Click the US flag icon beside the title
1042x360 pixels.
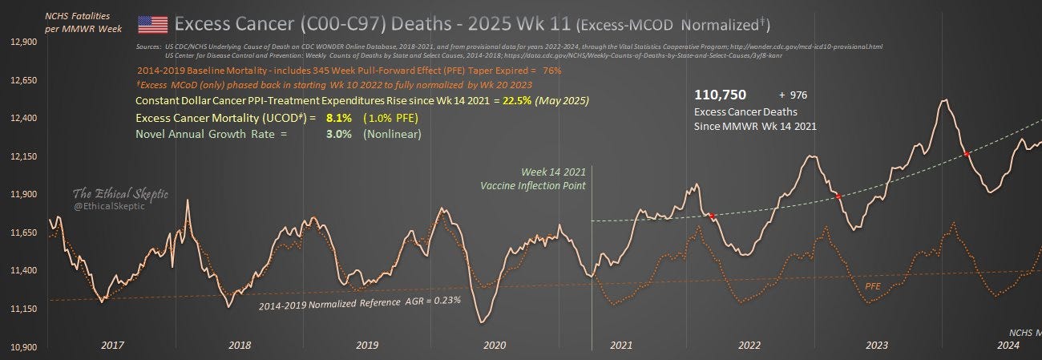coord(152,24)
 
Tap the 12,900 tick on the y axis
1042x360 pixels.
coord(24,42)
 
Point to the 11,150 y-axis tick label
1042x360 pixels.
coord(24,309)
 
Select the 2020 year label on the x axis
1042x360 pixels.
coord(495,345)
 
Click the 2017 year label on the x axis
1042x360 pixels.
coord(111,345)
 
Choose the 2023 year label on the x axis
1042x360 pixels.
coord(876,345)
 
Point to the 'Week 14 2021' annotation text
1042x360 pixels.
coord(554,172)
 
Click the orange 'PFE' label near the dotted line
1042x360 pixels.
coord(873,285)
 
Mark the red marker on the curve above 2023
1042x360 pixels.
coord(838,196)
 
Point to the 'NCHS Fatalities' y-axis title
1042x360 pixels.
coord(78,15)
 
